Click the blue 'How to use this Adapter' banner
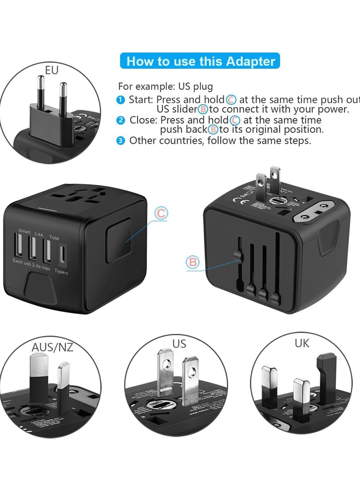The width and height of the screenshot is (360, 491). [200, 61]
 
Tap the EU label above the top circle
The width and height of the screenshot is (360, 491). [52, 70]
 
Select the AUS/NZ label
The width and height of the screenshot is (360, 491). [52, 347]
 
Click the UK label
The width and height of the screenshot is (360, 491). [302, 343]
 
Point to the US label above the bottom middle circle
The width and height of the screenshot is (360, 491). [179, 344]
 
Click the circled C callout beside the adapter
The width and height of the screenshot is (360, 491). [161, 214]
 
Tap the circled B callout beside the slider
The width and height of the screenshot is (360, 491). [192, 262]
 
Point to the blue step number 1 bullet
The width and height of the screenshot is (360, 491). [121, 99]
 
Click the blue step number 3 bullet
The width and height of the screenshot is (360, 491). [121, 140]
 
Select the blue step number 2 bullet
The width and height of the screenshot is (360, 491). [121, 120]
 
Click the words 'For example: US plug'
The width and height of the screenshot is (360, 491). [166, 86]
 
